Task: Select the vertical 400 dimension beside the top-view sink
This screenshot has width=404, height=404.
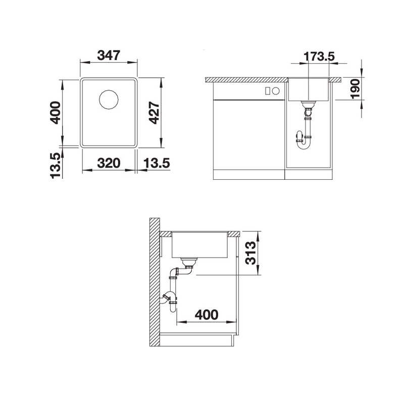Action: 55,113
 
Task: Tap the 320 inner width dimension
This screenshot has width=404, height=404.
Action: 108,163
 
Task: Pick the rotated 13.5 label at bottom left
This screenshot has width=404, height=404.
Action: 55,165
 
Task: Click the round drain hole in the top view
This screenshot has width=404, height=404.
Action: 108,99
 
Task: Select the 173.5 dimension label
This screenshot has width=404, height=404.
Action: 318,56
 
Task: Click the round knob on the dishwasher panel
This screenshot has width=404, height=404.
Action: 276,91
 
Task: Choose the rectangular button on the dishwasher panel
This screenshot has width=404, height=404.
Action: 268,91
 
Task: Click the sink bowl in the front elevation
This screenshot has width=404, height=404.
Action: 309,89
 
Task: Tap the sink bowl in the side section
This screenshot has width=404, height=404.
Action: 200,245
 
